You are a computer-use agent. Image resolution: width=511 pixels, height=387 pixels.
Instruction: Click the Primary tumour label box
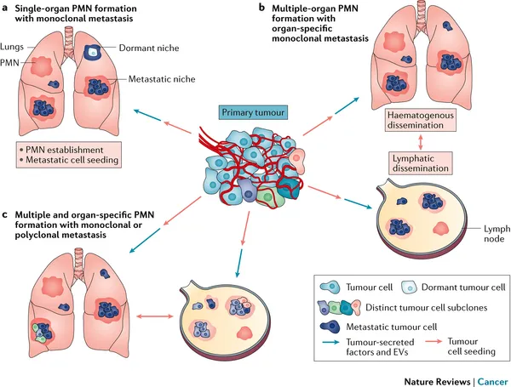pos(253,112)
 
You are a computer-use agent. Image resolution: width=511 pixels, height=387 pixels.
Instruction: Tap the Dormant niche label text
pos(149,48)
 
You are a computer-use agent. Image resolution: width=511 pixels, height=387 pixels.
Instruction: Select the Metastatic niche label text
pos(162,79)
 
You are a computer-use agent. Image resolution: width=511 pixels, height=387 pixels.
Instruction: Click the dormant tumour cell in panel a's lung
pos(93,51)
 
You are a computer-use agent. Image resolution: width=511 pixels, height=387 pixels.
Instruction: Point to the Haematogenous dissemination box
pos(420,120)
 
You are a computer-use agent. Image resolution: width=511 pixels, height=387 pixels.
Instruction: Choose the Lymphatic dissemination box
pos(421,163)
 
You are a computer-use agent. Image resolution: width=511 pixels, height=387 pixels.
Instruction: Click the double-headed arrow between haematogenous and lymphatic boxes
pos(421,141)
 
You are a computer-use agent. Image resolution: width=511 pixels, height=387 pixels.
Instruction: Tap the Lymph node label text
pos(497,234)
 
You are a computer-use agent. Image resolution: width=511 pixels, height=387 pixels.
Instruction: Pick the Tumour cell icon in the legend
pos(330,287)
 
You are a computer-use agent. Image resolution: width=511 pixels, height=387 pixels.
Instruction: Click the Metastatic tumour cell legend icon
pos(330,327)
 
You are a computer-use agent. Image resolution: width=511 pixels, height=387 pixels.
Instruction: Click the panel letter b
pos(261,7)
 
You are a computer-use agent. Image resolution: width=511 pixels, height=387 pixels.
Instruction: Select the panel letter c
pos(4,215)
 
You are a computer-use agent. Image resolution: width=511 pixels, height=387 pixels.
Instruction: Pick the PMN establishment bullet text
pos(64,150)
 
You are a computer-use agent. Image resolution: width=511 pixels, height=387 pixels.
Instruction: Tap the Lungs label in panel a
pos(12,47)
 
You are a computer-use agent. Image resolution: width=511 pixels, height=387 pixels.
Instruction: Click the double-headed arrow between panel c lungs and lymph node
pos(155,316)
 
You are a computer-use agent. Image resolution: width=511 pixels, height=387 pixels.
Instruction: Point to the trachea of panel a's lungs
pos(69,38)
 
